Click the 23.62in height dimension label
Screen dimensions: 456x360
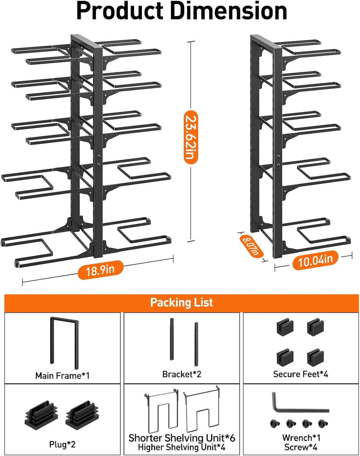coord(191,137)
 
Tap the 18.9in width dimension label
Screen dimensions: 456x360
coord(100,270)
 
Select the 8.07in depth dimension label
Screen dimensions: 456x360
coord(251,246)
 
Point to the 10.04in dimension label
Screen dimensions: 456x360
coord(315,260)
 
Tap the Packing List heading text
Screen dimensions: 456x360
coord(181,303)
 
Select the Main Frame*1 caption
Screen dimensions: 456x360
coord(62,376)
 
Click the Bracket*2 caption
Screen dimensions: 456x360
coord(182,374)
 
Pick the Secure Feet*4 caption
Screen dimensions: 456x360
coord(300,374)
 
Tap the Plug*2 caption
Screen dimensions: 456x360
coord(62,444)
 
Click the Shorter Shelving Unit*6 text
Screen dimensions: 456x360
coord(182,438)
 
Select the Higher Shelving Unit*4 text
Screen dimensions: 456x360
coord(182,447)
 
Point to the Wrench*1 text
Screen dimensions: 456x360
coord(301,438)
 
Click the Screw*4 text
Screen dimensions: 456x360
coord(301,447)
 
